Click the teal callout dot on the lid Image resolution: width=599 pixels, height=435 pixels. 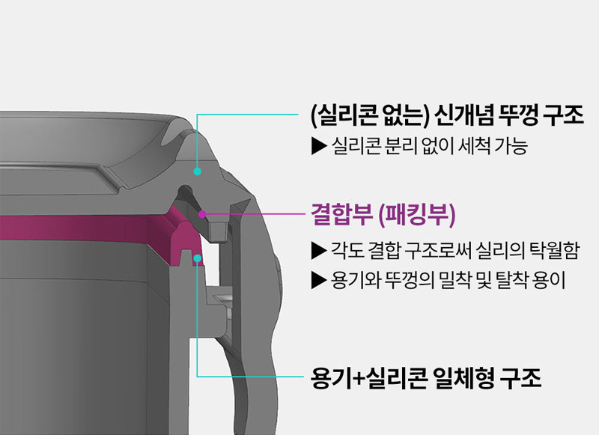197,171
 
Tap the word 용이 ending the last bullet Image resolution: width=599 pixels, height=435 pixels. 553,282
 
